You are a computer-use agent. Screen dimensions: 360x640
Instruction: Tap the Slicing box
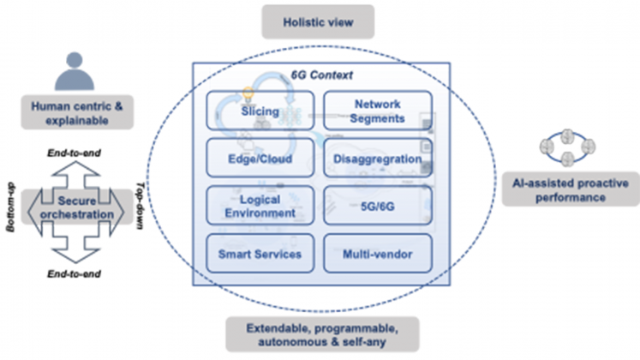click(x=260, y=113)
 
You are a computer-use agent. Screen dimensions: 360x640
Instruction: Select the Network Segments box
click(x=377, y=113)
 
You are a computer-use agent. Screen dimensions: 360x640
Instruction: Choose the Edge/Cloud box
click(x=260, y=159)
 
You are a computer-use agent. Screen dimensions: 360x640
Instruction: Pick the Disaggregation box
click(x=377, y=159)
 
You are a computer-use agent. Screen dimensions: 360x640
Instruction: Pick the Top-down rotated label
click(x=141, y=206)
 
